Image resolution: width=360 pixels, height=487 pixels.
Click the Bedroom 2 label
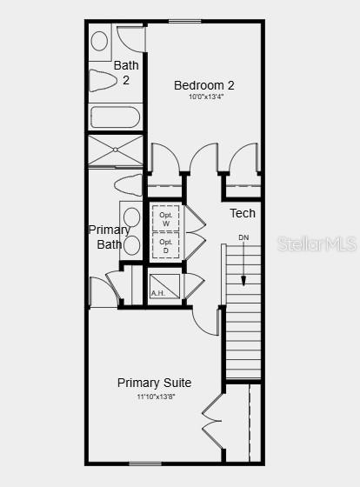click(204, 85)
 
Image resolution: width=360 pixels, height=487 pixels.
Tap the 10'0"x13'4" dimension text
click(204, 97)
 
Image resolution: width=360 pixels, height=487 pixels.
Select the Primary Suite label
click(155, 383)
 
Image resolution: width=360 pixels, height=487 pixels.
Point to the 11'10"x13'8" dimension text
click(155, 397)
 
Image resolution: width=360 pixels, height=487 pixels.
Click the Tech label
click(243, 213)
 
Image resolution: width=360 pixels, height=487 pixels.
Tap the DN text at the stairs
click(243, 237)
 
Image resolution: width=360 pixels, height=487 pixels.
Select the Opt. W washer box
click(165, 218)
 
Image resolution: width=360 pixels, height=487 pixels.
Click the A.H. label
click(157, 293)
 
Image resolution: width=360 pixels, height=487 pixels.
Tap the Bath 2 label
click(126, 72)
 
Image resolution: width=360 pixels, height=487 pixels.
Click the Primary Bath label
click(110, 237)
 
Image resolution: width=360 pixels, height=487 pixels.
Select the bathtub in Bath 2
click(115, 117)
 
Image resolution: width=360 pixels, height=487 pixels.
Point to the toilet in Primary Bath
click(128, 185)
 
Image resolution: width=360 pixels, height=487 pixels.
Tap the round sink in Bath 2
click(99, 41)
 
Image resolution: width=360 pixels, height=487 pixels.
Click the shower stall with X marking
click(115, 150)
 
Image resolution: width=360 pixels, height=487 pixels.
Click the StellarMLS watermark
click(317, 244)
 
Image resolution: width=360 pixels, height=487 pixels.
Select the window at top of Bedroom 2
click(185, 22)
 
